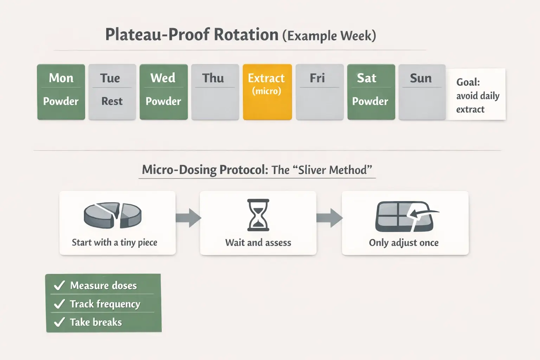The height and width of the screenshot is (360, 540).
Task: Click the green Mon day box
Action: coord(61,91)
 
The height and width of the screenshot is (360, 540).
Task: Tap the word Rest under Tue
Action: coord(112,101)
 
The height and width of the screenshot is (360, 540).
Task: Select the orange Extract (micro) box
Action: coord(267,92)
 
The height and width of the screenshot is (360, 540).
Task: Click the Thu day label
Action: coord(213,78)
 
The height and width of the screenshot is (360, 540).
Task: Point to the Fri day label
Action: coord(317,78)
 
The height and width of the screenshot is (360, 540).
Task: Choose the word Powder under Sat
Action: coord(370,101)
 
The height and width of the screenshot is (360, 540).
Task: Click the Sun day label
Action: coord(421,78)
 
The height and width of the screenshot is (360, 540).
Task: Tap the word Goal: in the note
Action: coord(468,82)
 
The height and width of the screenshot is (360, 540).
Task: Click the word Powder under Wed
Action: coord(163,101)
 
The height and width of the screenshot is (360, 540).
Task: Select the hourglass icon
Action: coord(258,215)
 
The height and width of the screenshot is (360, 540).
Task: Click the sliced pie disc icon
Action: coord(112,215)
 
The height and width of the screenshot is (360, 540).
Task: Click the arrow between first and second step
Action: coord(188,218)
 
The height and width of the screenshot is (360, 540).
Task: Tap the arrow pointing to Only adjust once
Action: coord(329,218)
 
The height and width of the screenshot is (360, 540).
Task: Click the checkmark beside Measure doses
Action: coord(59,285)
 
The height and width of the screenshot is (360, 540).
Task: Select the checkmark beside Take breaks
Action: coord(59,322)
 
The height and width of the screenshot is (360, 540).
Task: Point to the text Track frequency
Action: coord(105,304)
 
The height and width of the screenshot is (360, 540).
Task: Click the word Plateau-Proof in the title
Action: coord(157,35)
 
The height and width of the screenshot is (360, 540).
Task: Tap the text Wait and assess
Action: coord(258,243)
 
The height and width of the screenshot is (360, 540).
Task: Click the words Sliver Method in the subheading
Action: coord(335,170)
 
